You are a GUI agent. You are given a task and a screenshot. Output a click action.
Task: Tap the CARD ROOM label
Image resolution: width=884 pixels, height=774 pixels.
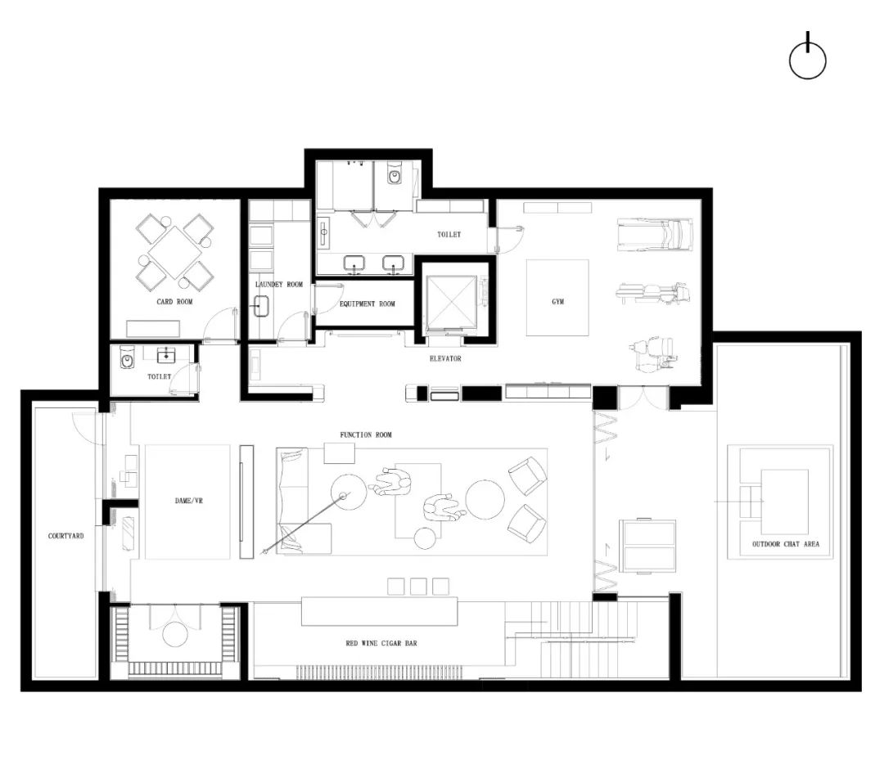pos(174,302)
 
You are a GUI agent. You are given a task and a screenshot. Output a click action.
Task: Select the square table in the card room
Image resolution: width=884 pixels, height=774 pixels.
pos(175,252)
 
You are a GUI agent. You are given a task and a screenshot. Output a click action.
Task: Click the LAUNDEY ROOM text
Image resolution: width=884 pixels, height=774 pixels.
pos(278,285)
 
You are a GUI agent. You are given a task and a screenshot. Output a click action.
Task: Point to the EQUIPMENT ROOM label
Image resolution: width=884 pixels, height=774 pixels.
pos(367,304)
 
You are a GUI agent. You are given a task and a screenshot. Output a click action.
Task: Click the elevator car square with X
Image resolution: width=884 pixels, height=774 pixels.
pos(451,300)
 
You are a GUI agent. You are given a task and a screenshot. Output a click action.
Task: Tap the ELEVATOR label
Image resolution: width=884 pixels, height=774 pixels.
pos(445,358)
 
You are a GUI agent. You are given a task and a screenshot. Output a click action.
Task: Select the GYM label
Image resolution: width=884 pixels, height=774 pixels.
pos(557,301)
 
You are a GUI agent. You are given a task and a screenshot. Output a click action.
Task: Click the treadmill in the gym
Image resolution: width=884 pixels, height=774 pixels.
pos(655,234)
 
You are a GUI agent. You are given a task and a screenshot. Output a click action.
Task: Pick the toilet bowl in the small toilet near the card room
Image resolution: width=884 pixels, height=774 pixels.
pos(128,358)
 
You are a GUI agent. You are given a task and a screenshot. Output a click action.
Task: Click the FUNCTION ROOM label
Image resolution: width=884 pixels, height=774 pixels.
pos(366,434)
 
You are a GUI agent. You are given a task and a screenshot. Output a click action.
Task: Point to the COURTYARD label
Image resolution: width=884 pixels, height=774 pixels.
pos(65,536)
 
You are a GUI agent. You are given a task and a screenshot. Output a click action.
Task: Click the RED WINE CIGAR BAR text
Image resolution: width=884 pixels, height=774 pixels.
pos(381,644)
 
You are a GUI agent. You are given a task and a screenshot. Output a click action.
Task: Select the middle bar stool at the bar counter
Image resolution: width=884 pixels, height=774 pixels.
pos(417,586)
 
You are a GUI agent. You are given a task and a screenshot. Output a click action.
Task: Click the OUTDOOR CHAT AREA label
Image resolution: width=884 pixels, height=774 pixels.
pos(785,544)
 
